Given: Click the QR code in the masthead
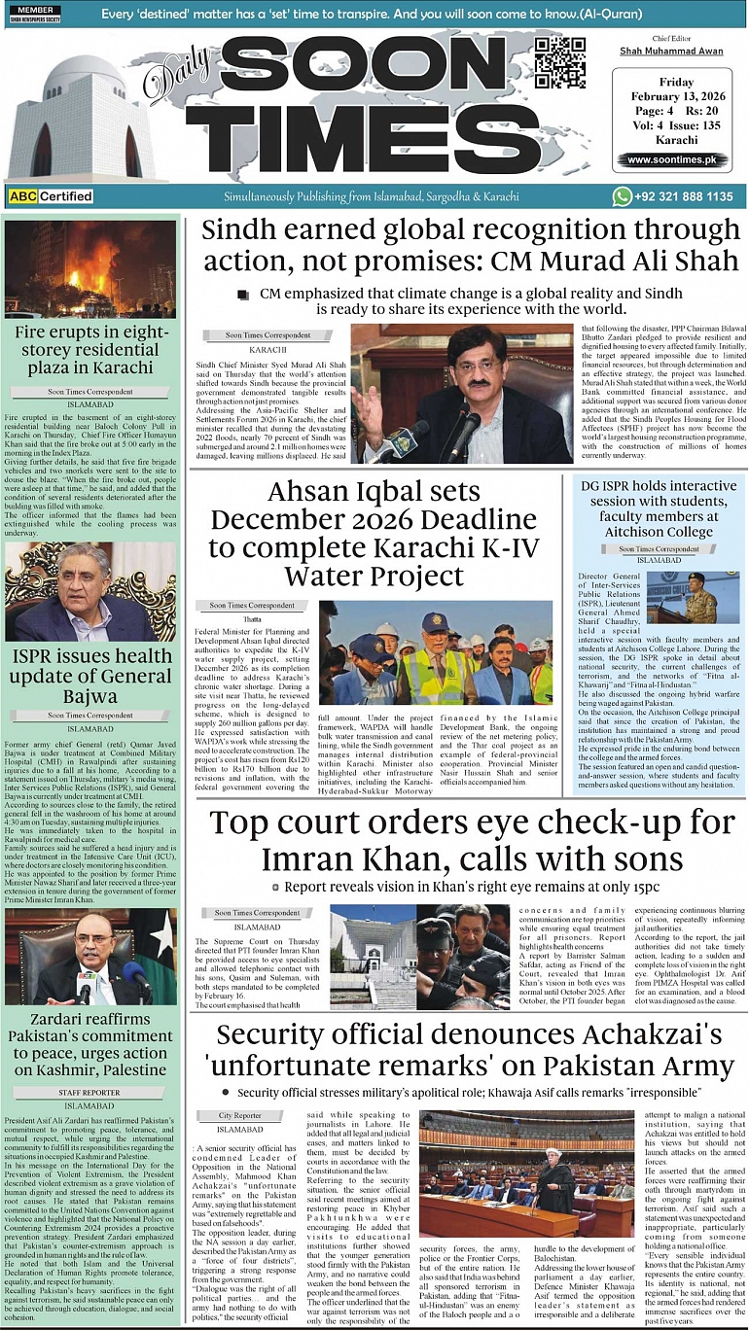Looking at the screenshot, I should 560,64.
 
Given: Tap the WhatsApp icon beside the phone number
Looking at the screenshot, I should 623,196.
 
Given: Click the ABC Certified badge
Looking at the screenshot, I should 51,196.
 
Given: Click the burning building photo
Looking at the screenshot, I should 90,269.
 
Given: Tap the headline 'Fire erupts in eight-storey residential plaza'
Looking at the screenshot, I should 90,349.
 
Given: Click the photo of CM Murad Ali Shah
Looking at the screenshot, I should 462,393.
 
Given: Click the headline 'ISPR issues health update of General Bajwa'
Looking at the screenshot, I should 90,677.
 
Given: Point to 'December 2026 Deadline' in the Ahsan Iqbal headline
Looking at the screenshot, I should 373,520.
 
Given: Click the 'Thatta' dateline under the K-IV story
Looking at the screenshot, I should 253,618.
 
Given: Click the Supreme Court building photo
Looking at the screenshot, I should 372,957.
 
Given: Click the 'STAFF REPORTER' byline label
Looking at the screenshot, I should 90,1093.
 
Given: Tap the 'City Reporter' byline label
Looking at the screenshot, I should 240,1115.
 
